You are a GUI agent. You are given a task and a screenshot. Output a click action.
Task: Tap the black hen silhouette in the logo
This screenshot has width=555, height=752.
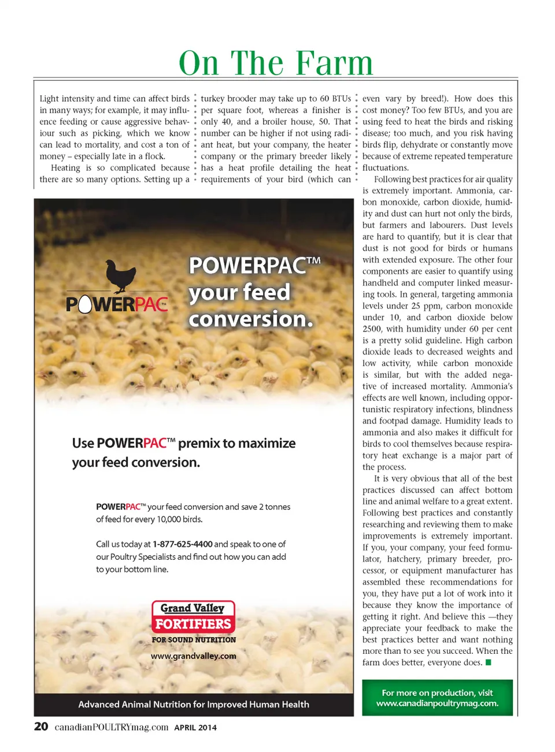pyautogui.click(x=121, y=276)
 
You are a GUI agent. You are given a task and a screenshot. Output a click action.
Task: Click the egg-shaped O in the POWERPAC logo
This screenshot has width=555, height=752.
pyautogui.click(x=85, y=304)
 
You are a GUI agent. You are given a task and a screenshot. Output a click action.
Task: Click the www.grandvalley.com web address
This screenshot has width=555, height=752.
pyautogui.click(x=194, y=656)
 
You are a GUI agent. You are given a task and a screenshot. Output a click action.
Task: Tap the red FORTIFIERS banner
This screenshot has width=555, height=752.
pyautogui.click(x=193, y=624)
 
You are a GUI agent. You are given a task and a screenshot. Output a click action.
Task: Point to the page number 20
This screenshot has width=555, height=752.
pyautogui.click(x=41, y=727)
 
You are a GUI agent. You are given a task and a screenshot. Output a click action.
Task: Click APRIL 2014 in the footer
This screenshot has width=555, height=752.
pyautogui.click(x=195, y=728)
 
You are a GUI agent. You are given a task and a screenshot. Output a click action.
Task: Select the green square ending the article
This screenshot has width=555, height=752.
pyautogui.click(x=489, y=662)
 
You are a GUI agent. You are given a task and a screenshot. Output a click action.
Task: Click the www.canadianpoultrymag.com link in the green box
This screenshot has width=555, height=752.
pyautogui.click(x=437, y=703)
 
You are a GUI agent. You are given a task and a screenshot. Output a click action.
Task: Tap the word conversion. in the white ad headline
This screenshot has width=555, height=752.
pyautogui.click(x=251, y=319)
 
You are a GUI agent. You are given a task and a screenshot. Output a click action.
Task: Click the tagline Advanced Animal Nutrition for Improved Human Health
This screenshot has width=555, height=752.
pyautogui.click(x=194, y=705)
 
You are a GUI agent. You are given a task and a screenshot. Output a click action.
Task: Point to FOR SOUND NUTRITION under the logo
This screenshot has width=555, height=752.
pyautogui.click(x=194, y=640)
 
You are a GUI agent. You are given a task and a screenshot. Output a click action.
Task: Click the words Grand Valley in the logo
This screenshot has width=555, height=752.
pyautogui.click(x=193, y=608)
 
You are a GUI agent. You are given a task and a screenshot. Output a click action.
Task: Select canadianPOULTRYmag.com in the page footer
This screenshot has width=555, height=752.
pyautogui.click(x=112, y=727)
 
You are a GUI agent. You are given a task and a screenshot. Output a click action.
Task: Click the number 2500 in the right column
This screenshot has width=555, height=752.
pyautogui.click(x=372, y=329)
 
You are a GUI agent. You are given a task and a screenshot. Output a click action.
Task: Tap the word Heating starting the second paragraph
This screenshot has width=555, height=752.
pyautogui.click(x=65, y=168)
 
